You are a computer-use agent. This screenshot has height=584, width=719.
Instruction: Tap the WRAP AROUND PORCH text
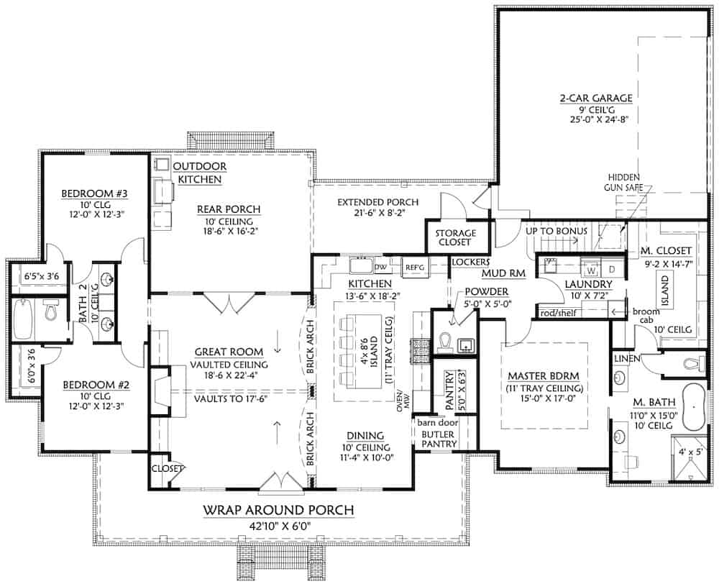pos(279,511)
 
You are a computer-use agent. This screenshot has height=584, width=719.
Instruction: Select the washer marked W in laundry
pos(591,271)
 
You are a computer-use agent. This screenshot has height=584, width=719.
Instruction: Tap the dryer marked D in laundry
pos(612,270)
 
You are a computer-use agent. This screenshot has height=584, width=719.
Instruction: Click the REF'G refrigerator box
pos(414,267)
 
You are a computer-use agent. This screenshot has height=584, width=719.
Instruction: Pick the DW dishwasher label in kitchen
pos(381,267)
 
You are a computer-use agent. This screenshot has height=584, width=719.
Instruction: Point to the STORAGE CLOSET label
pos(456,238)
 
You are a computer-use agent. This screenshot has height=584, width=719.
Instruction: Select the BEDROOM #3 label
pos(84,193)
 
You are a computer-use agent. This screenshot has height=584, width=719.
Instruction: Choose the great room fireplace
pos(164,392)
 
